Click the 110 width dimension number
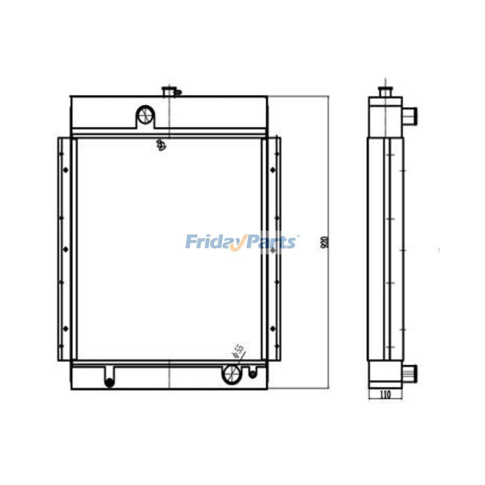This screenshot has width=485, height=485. pos(385,394)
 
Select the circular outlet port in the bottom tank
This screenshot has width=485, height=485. pos(231,373)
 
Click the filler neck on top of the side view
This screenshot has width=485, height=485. pos(385,91)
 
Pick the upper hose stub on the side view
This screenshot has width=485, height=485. pos(411,115)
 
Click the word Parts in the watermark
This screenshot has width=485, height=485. pos(272,241)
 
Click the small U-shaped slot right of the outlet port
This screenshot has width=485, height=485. pos(252,371)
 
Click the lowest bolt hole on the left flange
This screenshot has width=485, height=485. pos(66,328)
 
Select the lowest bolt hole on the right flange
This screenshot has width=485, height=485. pos(273,328)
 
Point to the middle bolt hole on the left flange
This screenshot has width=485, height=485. pos(66,249)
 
